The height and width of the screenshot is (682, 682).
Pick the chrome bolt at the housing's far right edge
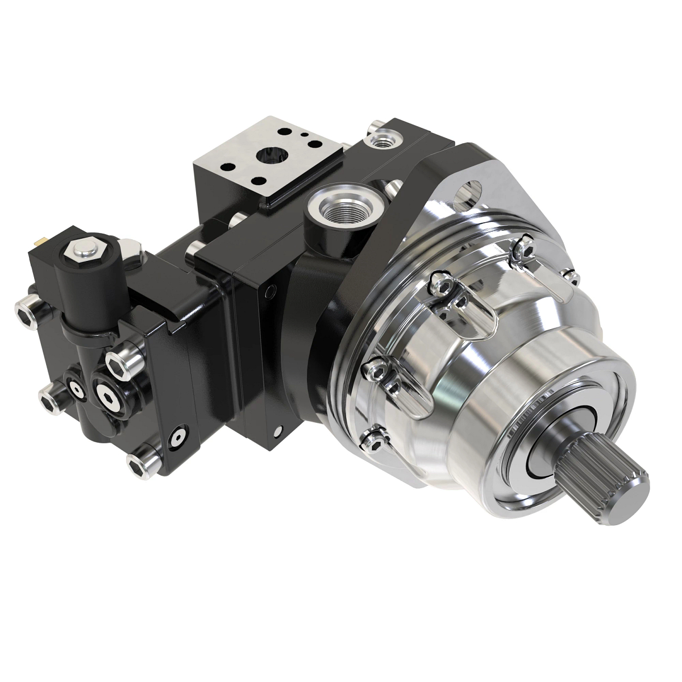point(573,277)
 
